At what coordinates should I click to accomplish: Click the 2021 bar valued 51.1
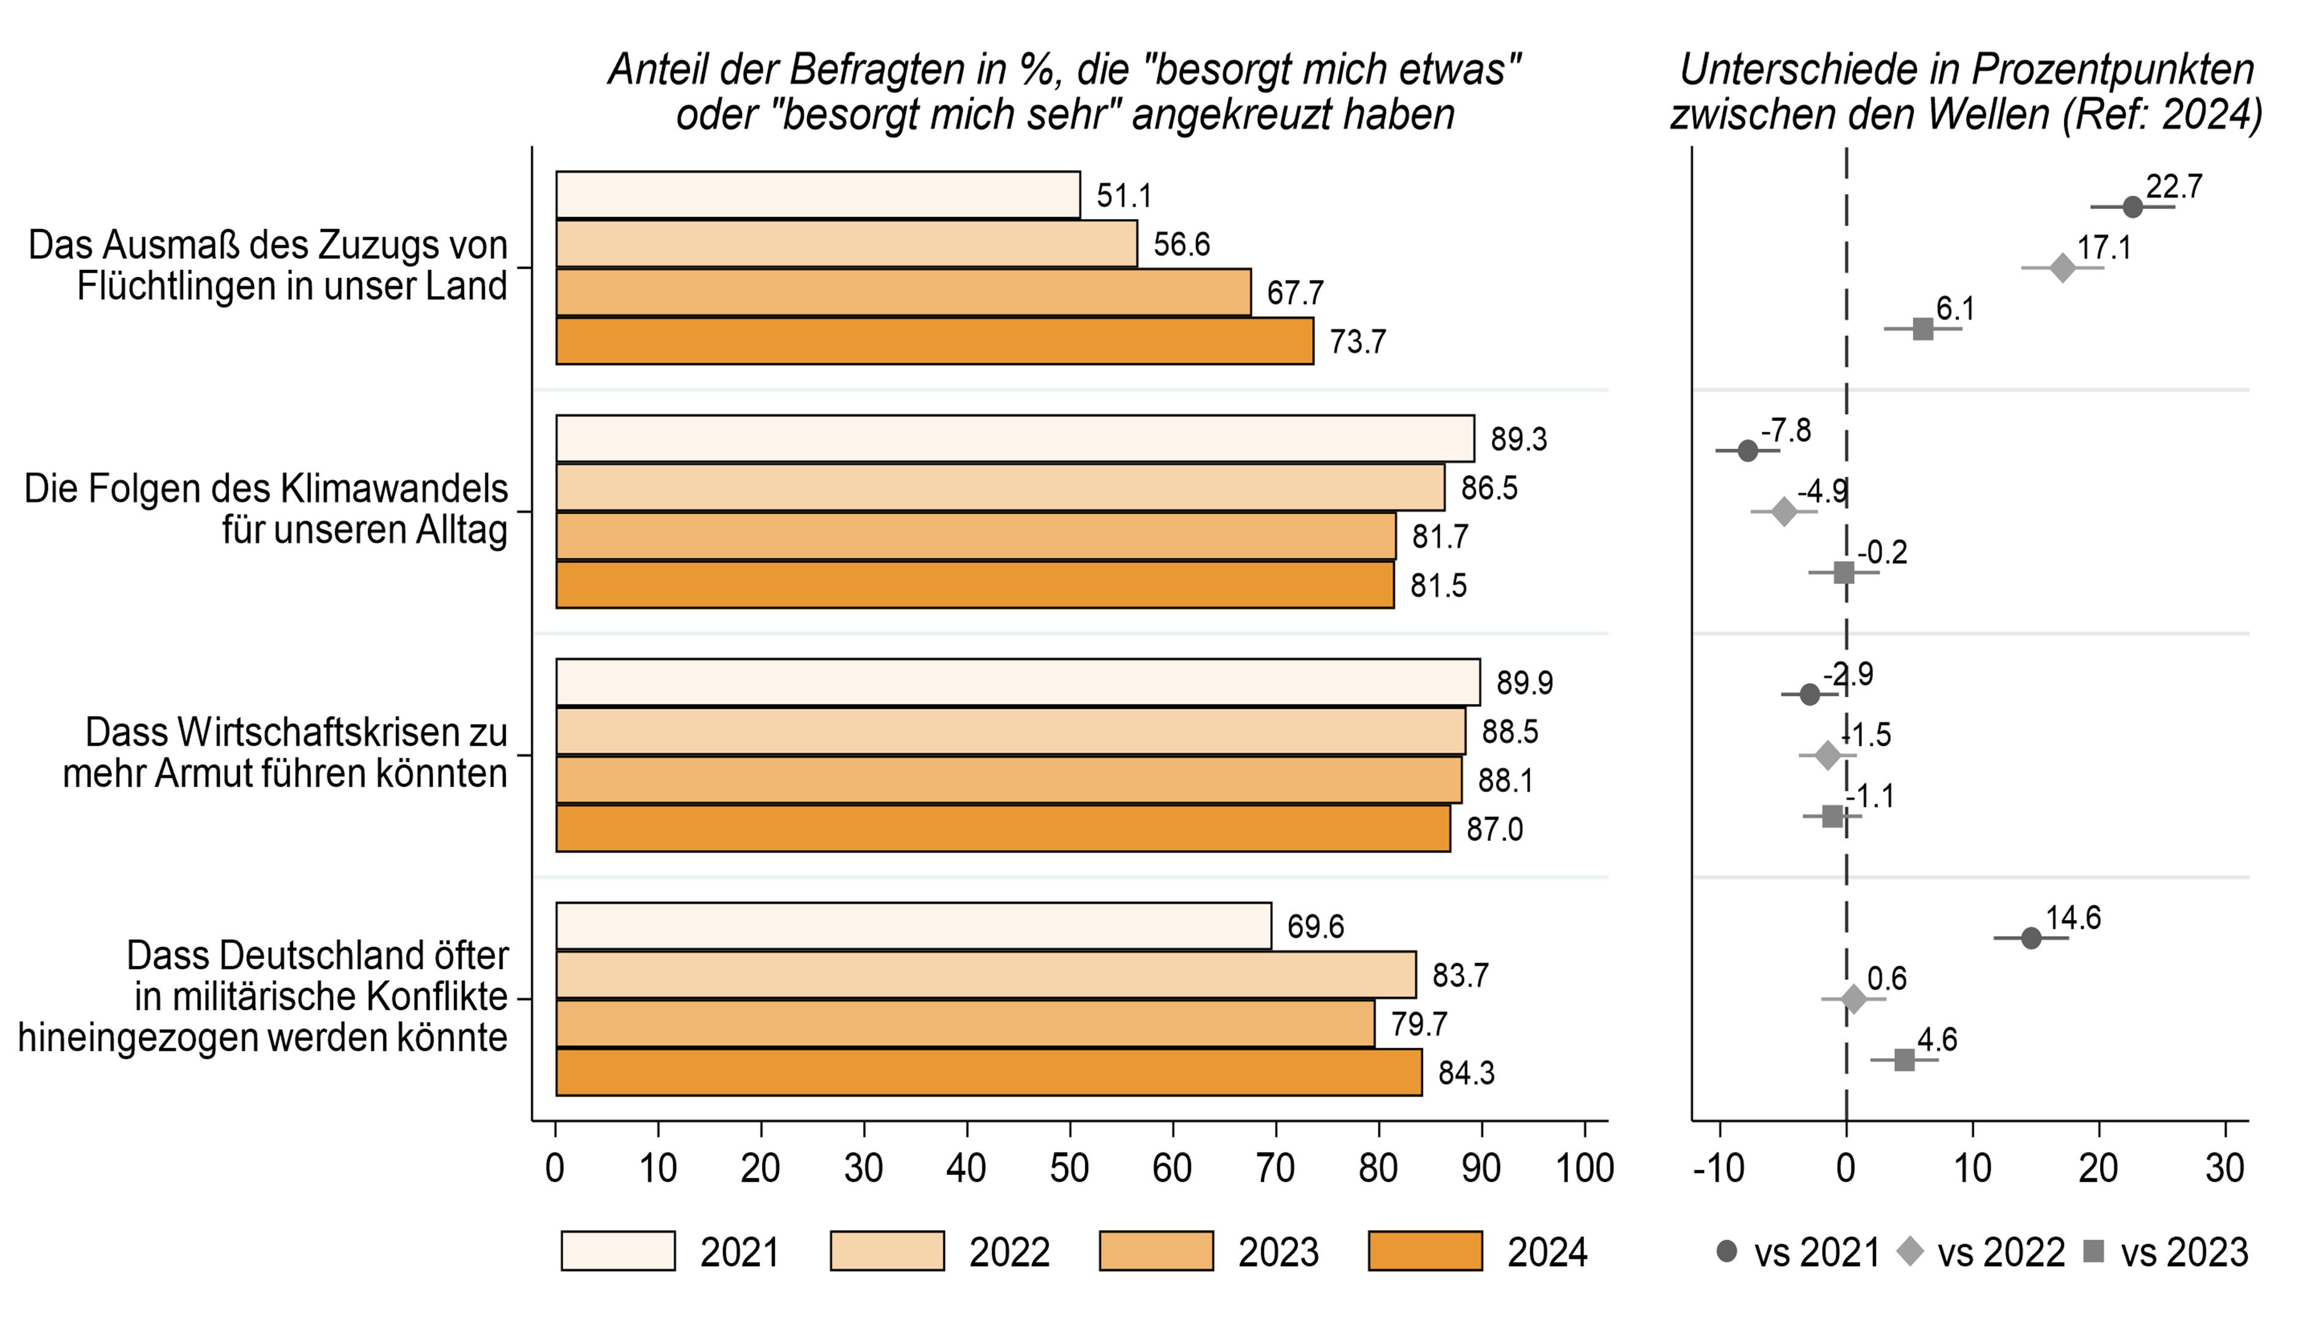(817, 195)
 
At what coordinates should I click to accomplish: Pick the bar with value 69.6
(913, 926)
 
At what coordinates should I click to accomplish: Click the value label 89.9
(1525, 683)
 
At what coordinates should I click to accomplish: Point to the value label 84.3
(1466, 1073)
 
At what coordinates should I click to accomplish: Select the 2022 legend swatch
(887, 1251)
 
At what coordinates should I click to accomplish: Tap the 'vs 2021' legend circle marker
(1727, 1251)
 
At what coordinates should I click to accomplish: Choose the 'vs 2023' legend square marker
(2094, 1251)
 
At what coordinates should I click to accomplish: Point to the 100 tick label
(1584, 1168)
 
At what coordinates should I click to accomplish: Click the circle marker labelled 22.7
(2132, 207)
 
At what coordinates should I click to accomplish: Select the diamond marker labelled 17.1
(2063, 268)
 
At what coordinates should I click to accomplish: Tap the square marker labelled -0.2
(1844, 573)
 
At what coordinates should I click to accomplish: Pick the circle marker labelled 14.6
(2031, 938)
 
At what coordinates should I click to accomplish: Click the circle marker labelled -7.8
(1747, 450)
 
